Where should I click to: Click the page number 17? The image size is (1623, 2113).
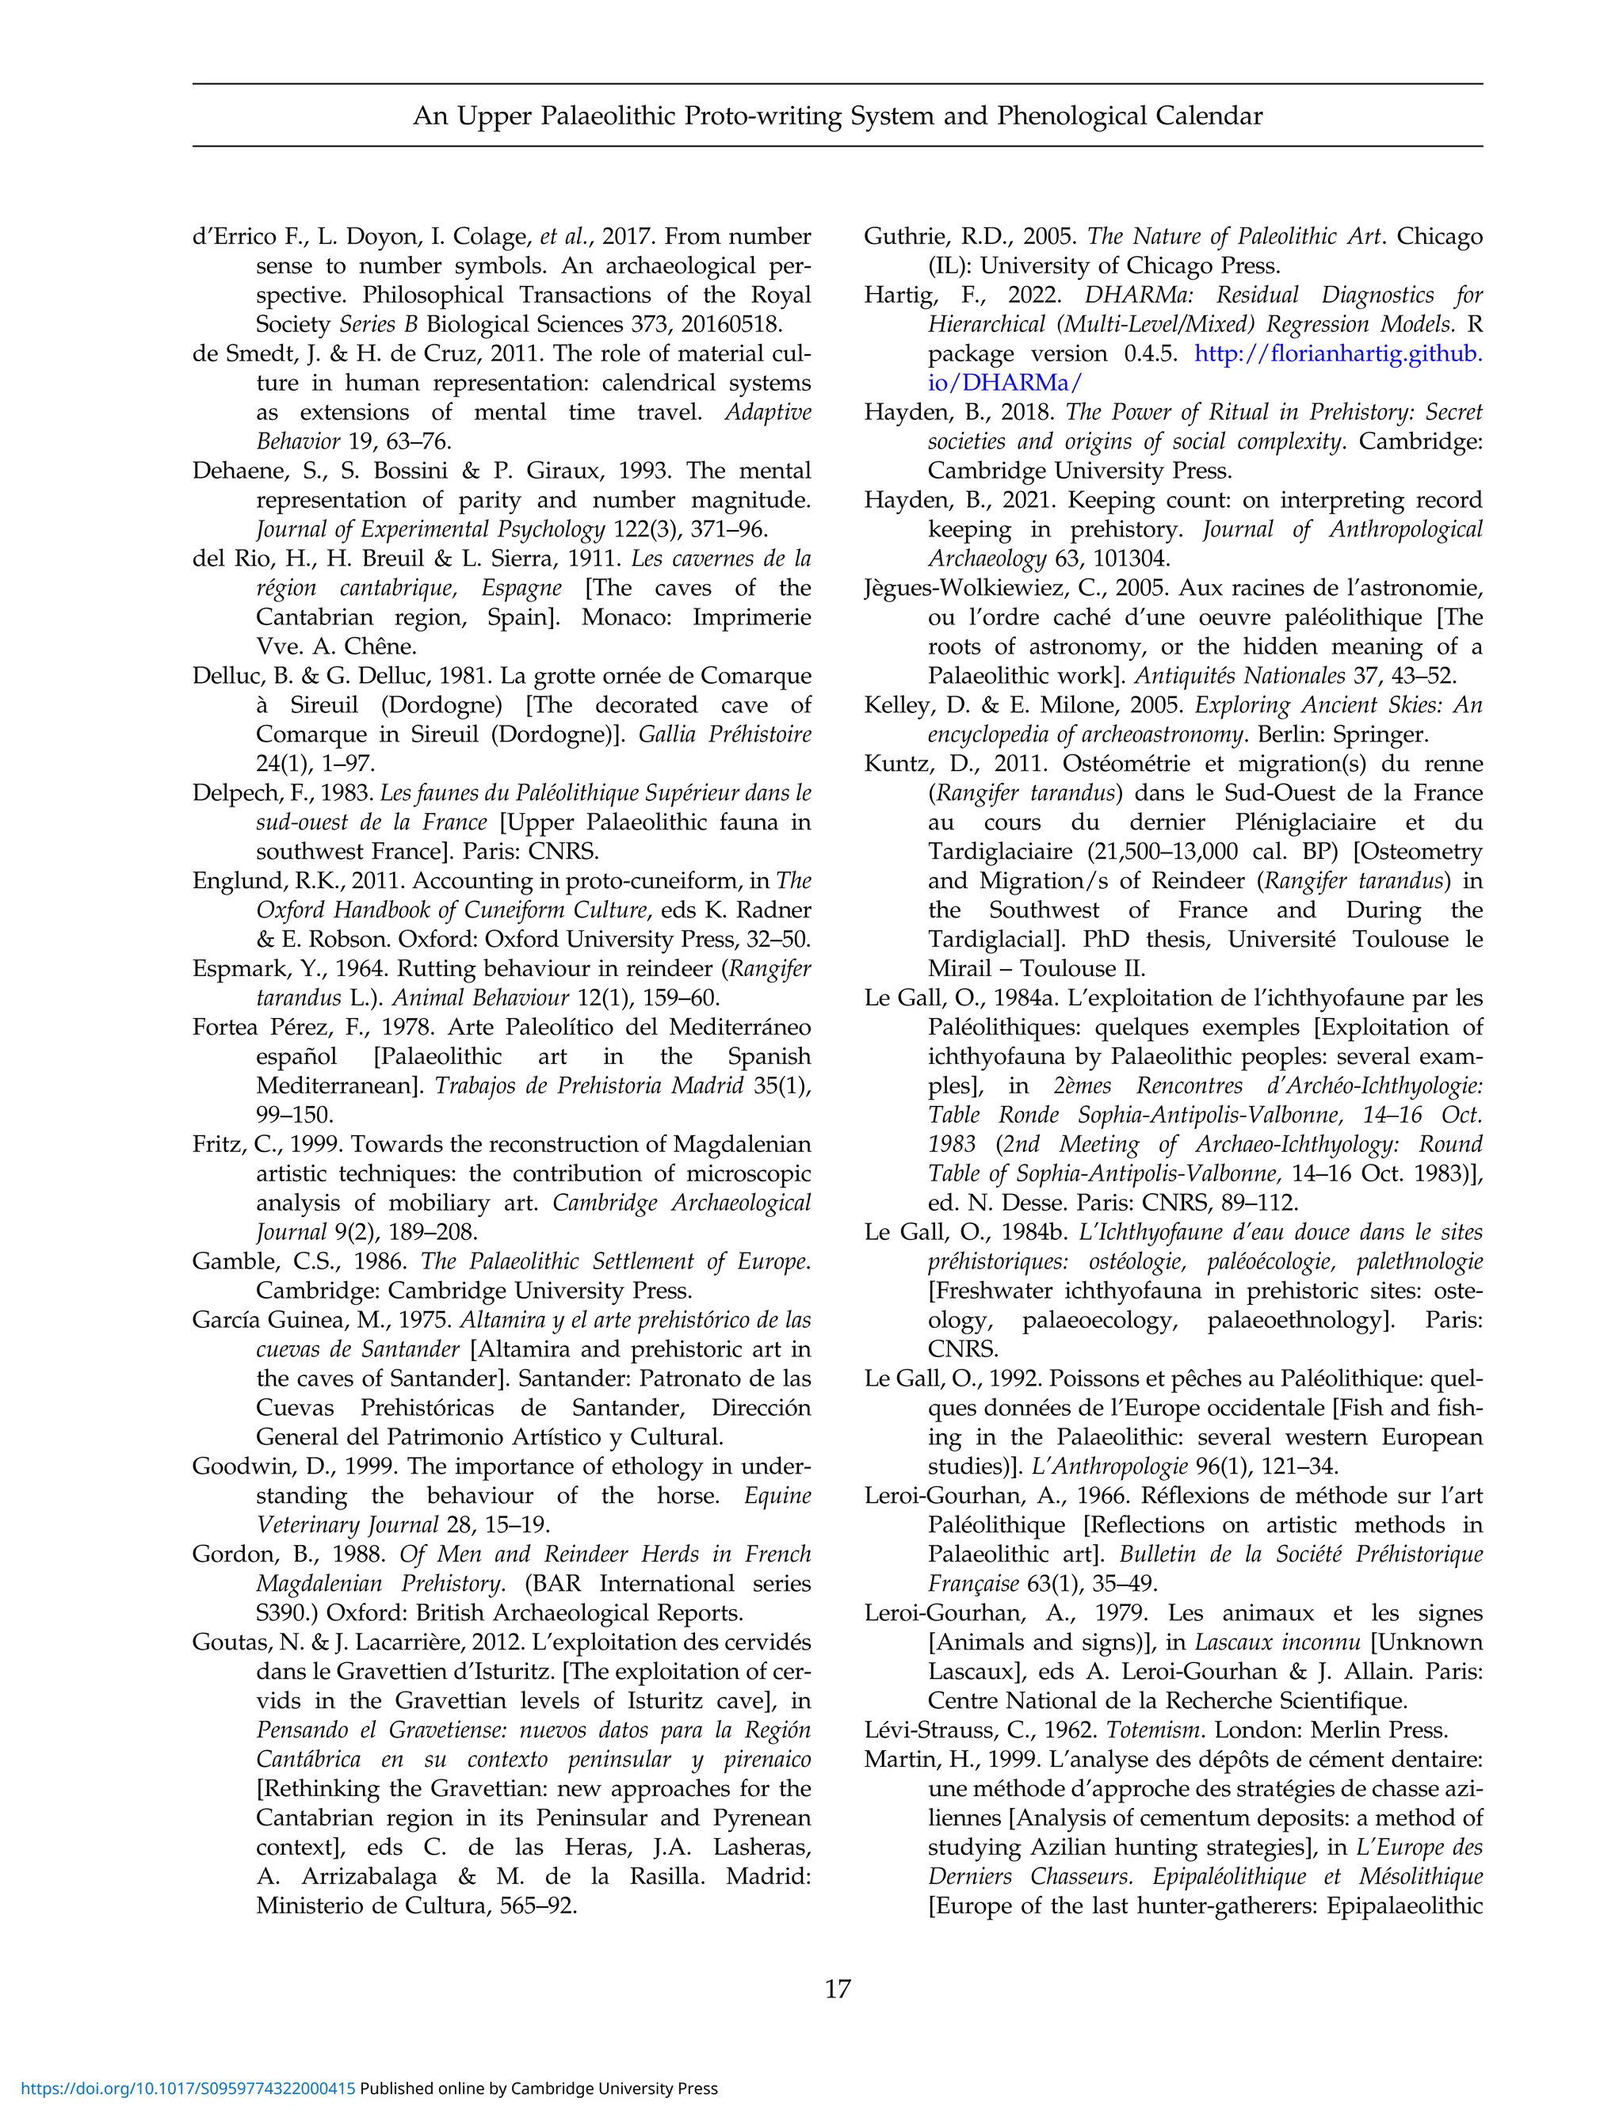pyautogui.click(x=838, y=1989)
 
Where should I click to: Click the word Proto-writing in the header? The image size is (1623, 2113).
pyautogui.click(x=763, y=116)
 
